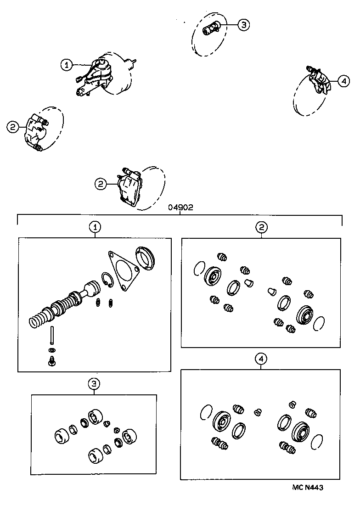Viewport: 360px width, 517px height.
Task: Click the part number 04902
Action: click(180, 207)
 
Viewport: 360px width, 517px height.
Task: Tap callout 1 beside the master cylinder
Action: click(67, 65)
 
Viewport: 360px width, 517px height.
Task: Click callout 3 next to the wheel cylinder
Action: click(243, 25)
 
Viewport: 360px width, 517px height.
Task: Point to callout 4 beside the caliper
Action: click(343, 81)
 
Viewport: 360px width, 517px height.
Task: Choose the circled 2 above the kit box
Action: click(261, 227)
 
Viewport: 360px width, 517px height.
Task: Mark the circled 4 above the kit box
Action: click(261, 359)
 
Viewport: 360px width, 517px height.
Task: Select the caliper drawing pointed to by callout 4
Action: click(320, 81)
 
